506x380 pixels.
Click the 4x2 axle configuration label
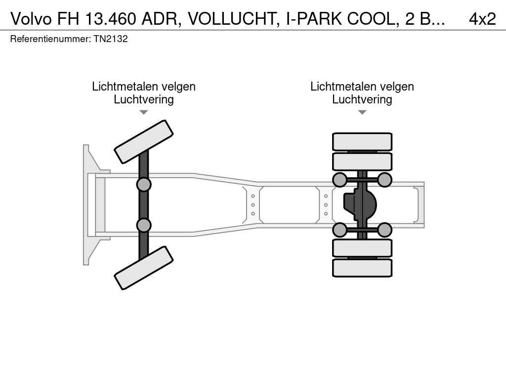click(x=482, y=18)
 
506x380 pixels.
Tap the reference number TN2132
click(x=111, y=39)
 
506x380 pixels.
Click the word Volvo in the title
click(x=32, y=18)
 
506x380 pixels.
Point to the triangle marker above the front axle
click(x=143, y=112)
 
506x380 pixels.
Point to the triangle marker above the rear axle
click(x=362, y=112)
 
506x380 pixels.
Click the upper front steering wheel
click(x=144, y=142)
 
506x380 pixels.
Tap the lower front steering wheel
click(x=144, y=268)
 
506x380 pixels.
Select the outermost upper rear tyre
click(x=362, y=142)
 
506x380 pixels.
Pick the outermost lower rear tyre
click(x=362, y=268)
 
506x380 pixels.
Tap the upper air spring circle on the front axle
click(x=144, y=185)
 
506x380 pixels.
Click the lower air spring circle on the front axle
click(x=144, y=225)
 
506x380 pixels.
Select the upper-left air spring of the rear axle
click(x=340, y=180)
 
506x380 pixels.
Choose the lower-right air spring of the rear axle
click(x=384, y=230)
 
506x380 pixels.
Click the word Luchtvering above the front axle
click(x=144, y=99)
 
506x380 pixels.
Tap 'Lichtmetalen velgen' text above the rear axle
click(x=362, y=87)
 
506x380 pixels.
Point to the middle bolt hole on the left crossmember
click(x=253, y=205)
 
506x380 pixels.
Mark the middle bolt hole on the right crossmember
click(x=326, y=205)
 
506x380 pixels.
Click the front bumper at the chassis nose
click(x=89, y=204)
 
